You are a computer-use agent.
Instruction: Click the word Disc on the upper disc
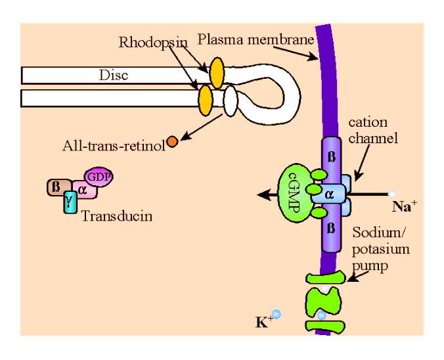click(113, 75)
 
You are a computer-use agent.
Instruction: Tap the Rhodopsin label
click(153, 43)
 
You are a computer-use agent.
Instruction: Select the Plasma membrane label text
click(256, 39)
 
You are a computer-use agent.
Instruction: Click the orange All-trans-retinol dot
click(172, 141)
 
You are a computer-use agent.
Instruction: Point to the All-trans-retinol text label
click(113, 145)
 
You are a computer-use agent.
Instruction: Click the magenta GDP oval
click(99, 177)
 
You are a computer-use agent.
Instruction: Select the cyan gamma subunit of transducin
click(69, 202)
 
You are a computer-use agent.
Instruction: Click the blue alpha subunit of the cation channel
click(331, 194)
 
